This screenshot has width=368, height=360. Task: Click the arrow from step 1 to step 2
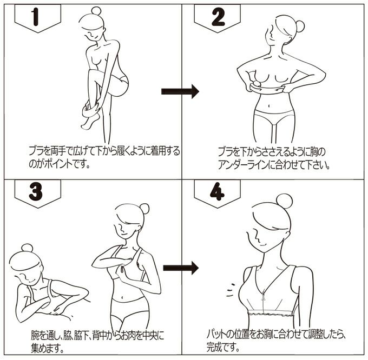180,91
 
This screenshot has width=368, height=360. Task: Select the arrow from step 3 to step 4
180,267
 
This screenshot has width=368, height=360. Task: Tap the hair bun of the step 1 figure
96,11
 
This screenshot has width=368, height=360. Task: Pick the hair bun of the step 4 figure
284,201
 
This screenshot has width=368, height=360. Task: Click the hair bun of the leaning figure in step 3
27,248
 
